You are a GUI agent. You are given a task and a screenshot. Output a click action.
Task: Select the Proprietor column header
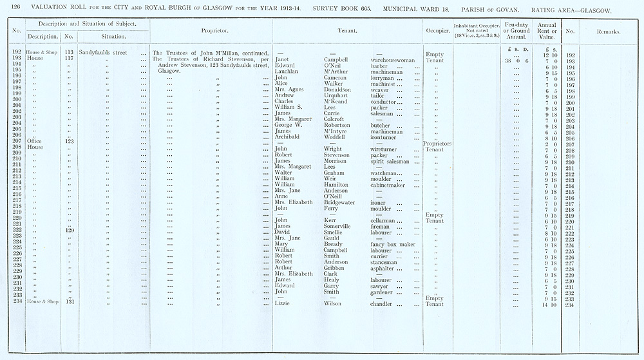tap(211, 30)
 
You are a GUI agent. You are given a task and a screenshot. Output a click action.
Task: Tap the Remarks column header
tap(608, 30)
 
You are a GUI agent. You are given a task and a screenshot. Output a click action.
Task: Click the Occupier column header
tap(437, 30)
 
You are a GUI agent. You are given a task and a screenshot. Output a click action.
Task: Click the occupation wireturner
tap(387, 149)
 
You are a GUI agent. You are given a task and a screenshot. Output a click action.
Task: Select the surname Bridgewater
tap(341, 202)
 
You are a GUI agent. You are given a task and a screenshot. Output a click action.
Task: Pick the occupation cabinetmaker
tap(392, 184)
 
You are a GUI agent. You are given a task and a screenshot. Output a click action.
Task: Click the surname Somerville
tap(341, 226)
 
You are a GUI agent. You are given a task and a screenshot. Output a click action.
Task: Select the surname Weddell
tap(337, 137)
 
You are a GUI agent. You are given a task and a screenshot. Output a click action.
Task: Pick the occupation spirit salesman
tap(393, 161)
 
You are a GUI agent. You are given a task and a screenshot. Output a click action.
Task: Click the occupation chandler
tap(384, 303)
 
